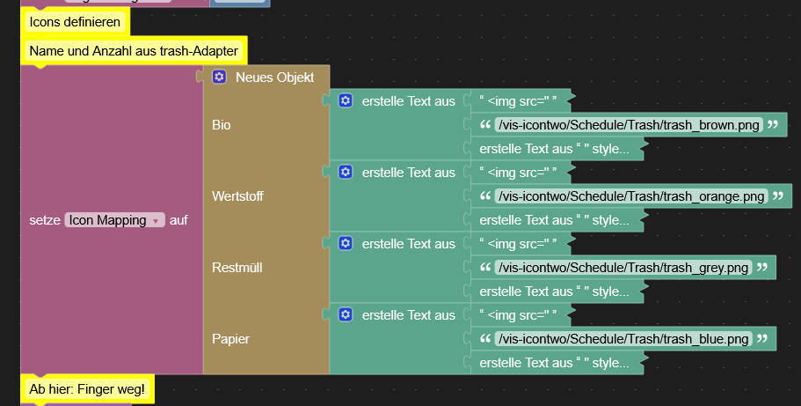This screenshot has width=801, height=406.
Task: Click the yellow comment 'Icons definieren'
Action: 75,21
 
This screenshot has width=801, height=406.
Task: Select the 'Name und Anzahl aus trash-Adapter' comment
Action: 134,51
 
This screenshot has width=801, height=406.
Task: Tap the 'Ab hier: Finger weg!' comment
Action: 86,388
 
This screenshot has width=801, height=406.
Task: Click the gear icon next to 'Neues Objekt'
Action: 220,78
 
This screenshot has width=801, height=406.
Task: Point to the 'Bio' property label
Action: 222,125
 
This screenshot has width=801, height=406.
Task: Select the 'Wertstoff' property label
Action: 237,196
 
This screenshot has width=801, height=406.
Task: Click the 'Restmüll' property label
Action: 237,267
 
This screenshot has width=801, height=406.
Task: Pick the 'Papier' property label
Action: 229,338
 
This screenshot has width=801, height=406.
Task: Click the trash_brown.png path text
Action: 628,125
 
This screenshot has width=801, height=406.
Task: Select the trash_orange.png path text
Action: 630,196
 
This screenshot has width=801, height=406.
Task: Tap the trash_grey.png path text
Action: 623,267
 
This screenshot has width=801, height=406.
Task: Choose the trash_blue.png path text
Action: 623,338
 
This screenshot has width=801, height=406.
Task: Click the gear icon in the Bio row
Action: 346,101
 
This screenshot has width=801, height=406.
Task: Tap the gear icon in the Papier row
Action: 346,314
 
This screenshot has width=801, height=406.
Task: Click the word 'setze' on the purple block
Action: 44,220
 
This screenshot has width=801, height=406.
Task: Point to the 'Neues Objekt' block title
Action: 274,78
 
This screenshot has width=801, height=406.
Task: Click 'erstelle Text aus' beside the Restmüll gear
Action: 408,243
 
